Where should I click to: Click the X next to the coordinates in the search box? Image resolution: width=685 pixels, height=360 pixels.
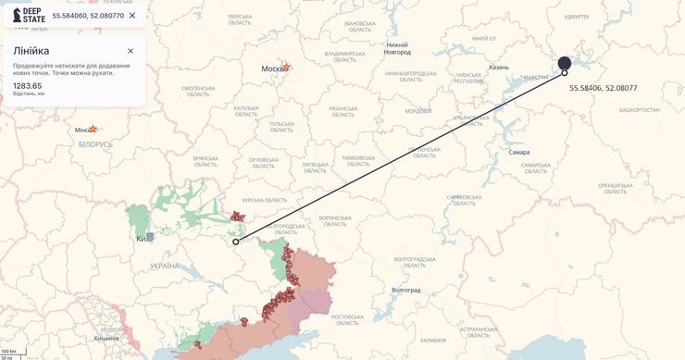[132, 16]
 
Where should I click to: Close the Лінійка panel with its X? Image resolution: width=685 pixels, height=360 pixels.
[131, 51]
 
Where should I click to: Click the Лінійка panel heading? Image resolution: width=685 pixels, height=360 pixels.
[31, 51]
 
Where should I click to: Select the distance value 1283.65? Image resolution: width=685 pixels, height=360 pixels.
[27, 85]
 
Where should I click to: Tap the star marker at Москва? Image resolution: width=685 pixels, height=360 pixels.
[287, 67]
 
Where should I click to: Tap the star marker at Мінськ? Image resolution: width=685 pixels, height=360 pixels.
[93, 129]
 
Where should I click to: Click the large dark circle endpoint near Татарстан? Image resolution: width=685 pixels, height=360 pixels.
[565, 63]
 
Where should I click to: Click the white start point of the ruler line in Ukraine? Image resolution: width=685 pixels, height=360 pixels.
[236, 242]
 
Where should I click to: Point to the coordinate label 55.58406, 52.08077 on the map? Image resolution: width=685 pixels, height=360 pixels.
[603, 88]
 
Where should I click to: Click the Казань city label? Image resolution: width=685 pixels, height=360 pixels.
[499, 68]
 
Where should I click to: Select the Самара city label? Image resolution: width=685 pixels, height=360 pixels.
[518, 151]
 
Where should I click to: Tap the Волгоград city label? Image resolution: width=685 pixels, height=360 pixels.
[405, 290]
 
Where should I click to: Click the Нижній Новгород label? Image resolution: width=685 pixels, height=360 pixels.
[397, 48]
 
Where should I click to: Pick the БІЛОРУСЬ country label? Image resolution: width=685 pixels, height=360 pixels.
[95, 144]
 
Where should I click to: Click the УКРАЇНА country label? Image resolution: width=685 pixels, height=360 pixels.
[165, 266]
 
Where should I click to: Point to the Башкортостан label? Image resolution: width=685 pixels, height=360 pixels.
[639, 109]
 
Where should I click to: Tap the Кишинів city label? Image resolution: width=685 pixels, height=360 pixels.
[106, 338]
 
